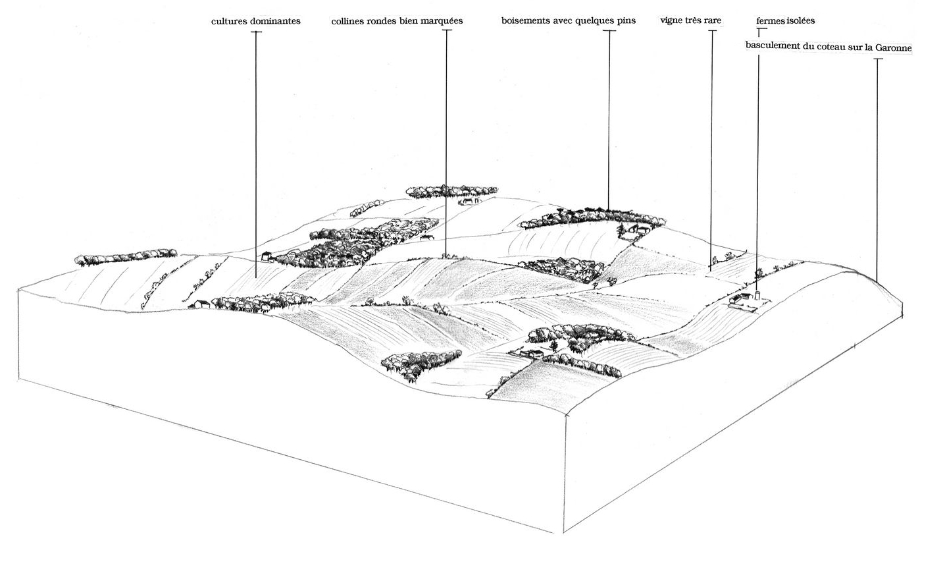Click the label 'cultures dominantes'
pos(256,21)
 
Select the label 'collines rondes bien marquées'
pos(397,21)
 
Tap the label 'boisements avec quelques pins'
pos(569,20)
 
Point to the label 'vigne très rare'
pos(690,20)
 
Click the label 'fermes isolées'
pos(786,20)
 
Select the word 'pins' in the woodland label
pos(626,20)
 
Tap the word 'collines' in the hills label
pos(348,21)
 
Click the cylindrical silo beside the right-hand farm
pos(757,296)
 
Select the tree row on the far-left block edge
pos(126,256)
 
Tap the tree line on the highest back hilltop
pos(450,191)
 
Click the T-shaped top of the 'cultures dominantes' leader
pos(255,32)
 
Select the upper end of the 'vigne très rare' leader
pos(711,31)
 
